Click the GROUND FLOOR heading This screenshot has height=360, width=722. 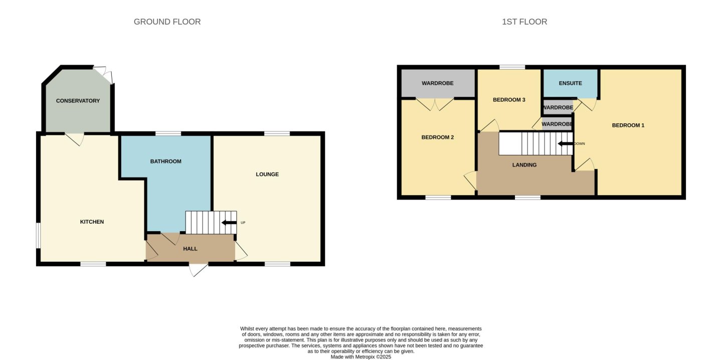167,22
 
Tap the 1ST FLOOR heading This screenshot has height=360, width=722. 524,22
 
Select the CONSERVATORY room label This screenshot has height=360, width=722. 78,101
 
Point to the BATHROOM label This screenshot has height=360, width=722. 165,161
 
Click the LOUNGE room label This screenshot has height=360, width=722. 267,174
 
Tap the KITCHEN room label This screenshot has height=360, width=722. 92,222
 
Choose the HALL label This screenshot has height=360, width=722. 190,249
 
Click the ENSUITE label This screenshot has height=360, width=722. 571,83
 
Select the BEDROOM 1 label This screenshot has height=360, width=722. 628,125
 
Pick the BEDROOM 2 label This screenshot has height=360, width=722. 438,137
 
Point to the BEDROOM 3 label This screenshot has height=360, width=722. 509,100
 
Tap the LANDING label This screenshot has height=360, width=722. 524,165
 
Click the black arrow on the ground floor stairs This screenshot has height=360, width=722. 229,223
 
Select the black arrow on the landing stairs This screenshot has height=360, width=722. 566,143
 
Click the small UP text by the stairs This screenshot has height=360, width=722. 243,223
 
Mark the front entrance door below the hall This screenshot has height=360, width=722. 199,270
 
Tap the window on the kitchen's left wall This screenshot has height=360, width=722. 38,236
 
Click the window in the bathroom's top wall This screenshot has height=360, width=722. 168,133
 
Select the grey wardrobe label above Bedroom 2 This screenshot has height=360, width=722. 438,83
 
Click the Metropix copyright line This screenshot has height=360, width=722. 361,357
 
